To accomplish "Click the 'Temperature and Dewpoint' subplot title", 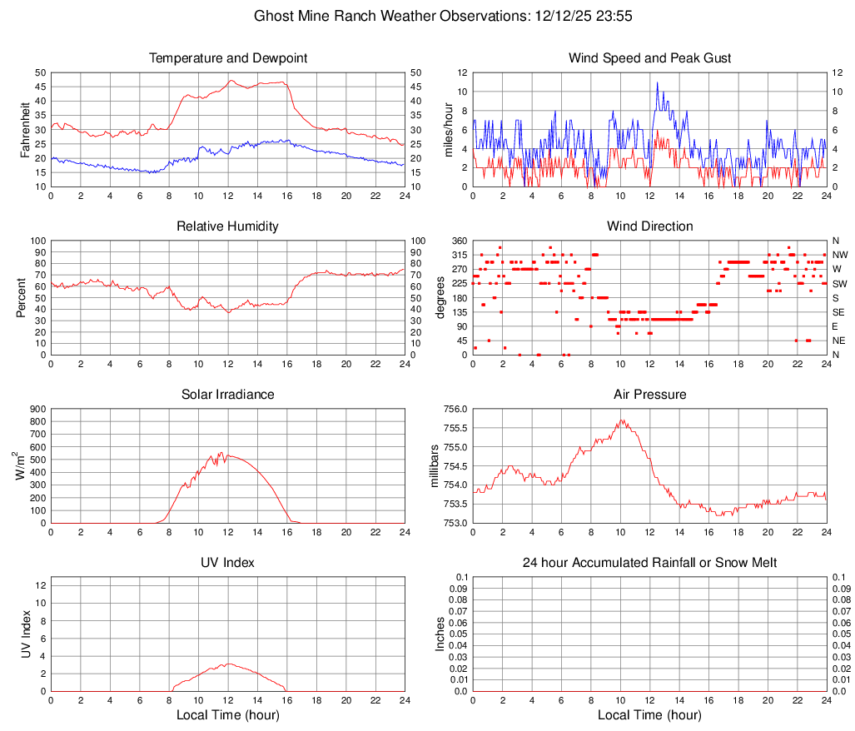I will [228, 58].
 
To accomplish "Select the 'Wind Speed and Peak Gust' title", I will [649, 58].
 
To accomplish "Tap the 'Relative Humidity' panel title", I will [228, 226].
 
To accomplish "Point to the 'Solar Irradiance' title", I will [228, 395].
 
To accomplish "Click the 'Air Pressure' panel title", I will [649, 395].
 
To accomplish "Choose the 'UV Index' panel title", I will [228, 563].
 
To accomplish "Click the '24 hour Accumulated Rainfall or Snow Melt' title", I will [649, 563].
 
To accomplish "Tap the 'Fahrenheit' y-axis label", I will [22, 129].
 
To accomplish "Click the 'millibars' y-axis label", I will [434, 465].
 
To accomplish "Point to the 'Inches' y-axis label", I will [440, 634].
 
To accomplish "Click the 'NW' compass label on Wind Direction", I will [840, 255].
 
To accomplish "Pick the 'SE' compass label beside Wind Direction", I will [839, 311].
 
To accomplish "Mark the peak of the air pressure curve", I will [621, 420].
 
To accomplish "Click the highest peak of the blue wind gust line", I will [657, 82].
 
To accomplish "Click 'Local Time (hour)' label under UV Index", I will [228, 715].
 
